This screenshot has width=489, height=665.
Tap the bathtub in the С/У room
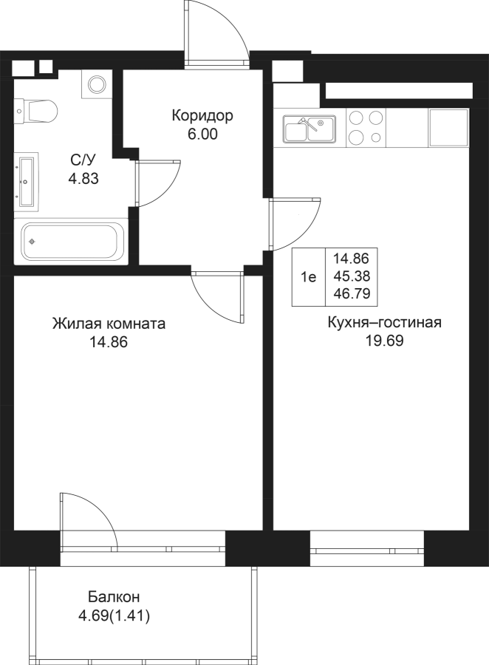[x=71, y=242]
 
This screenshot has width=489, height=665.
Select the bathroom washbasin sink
[x=28, y=183]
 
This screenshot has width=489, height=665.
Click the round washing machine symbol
[x=97, y=83]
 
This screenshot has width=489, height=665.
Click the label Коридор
[x=202, y=115]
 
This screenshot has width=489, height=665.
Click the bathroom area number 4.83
[x=83, y=179]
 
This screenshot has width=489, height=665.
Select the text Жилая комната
[x=109, y=324]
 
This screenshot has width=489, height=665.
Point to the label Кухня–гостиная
[x=385, y=322]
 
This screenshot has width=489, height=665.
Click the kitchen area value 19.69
[x=384, y=341]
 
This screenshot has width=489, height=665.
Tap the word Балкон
[x=114, y=597]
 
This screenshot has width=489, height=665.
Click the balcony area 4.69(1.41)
[x=114, y=616]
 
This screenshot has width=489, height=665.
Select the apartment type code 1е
[x=309, y=277]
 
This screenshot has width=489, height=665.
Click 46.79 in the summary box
[x=352, y=293]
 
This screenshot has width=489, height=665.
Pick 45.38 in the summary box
[x=352, y=276]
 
